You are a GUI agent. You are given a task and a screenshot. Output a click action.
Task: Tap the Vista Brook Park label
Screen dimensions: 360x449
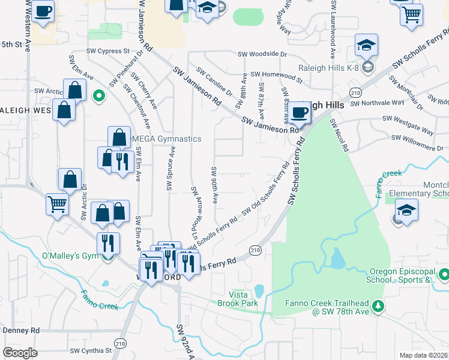coord(243,299)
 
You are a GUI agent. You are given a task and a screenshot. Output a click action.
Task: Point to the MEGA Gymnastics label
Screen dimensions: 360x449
coord(166,139)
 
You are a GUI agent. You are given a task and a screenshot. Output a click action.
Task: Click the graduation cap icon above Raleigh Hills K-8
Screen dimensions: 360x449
coord(366,44)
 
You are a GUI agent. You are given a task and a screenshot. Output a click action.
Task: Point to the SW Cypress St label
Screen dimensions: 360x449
coord(108,52)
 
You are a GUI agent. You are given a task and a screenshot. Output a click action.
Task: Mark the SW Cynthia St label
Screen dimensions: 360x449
coord(91,350)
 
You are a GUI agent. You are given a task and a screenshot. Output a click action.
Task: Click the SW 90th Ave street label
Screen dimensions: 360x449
coord(214,181)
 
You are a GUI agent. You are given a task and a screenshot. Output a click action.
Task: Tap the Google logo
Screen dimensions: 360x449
coord(20,353)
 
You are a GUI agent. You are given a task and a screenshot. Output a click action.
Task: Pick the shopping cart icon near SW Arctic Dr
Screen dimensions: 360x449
coord(57,204)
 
